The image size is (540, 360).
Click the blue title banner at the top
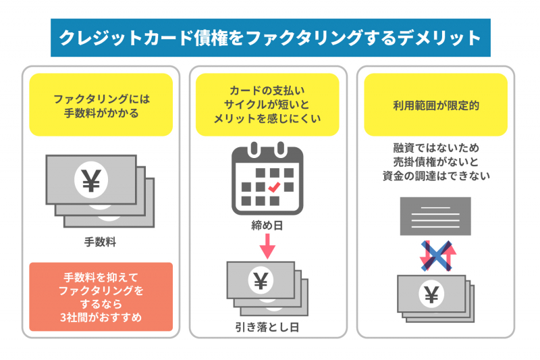270,37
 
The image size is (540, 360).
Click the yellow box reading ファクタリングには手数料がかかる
101,105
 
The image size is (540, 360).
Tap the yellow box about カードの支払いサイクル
268,104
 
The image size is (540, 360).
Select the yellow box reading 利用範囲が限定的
435,105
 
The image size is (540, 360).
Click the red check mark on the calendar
275,186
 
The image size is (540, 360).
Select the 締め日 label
267,225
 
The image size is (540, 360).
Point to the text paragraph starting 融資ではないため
435,160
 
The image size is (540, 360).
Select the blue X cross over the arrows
436,255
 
